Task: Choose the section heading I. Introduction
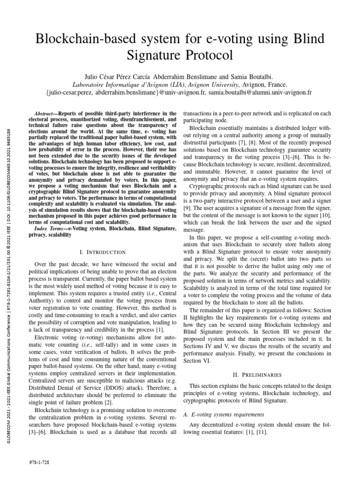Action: (x=102, y=252)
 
